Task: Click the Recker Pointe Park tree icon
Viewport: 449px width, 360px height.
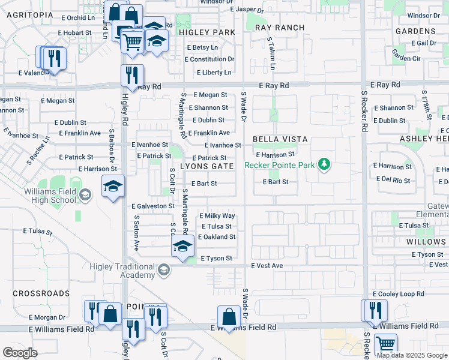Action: pyautogui.click(x=324, y=164)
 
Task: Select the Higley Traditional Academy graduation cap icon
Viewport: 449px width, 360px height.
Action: pyautogui.click(x=163, y=271)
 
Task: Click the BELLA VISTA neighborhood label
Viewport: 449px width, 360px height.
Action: pyautogui.click(x=280, y=139)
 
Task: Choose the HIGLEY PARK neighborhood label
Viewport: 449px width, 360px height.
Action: pyautogui.click(x=206, y=32)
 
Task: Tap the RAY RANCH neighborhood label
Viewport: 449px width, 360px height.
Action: pyautogui.click(x=280, y=28)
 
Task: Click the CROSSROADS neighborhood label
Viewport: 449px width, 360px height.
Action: pyautogui.click(x=41, y=293)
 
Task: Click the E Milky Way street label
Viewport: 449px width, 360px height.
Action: pyautogui.click(x=217, y=216)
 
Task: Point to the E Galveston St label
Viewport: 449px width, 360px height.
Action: pyautogui.click(x=152, y=206)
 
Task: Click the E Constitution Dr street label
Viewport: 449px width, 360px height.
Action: pyautogui.click(x=209, y=59)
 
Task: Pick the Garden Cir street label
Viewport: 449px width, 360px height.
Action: pyautogui.click(x=406, y=58)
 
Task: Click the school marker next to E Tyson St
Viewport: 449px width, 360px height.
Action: pyautogui.click(x=182, y=246)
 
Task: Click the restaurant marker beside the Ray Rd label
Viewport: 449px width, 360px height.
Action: pyautogui.click(x=131, y=76)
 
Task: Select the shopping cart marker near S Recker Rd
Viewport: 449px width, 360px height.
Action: pyautogui.click(x=385, y=345)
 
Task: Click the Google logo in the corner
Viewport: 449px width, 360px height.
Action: pyautogui.click(x=20, y=352)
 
